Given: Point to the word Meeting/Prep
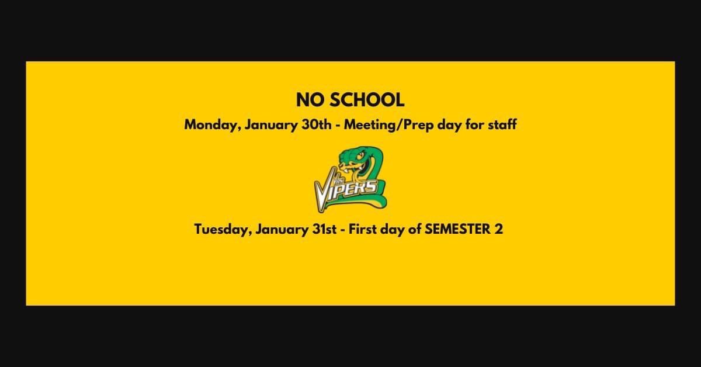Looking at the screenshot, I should click(391, 125).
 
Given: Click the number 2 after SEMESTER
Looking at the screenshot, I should click(498, 229).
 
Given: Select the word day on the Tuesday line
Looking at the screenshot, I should click(397, 230).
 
